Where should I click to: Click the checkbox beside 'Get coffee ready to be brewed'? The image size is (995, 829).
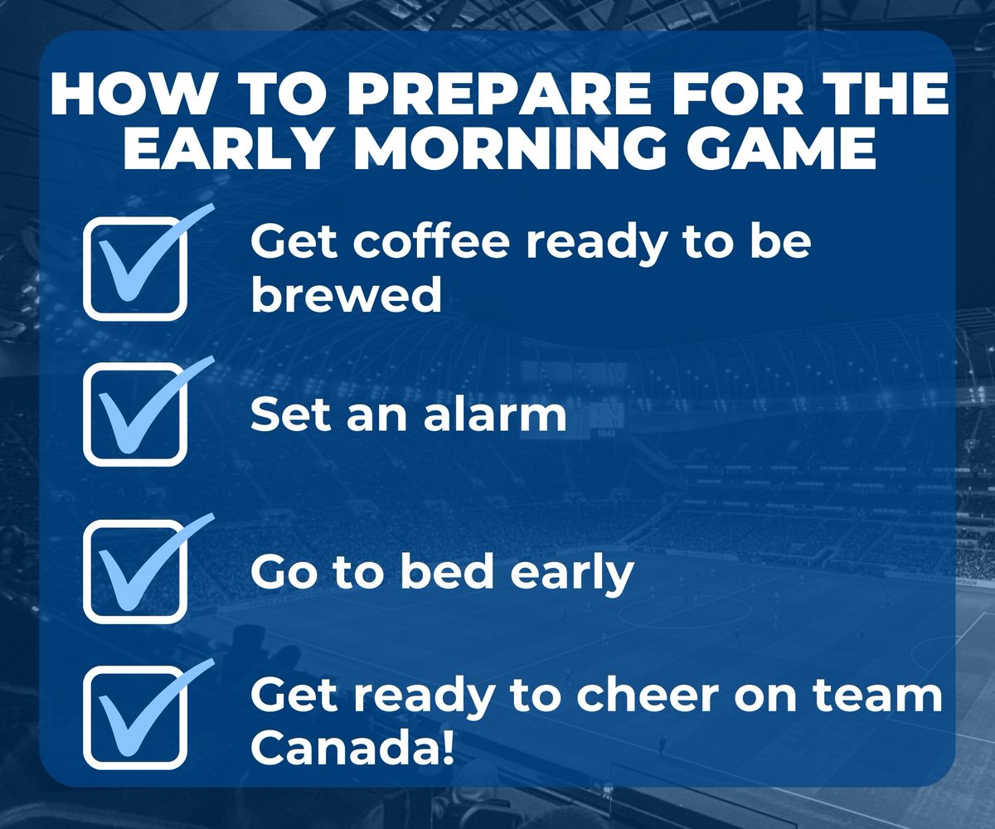[x=134, y=268]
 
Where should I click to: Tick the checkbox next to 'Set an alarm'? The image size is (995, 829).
[x=134, y=414]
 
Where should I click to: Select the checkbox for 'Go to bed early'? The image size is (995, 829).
[x=134, y=570]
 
